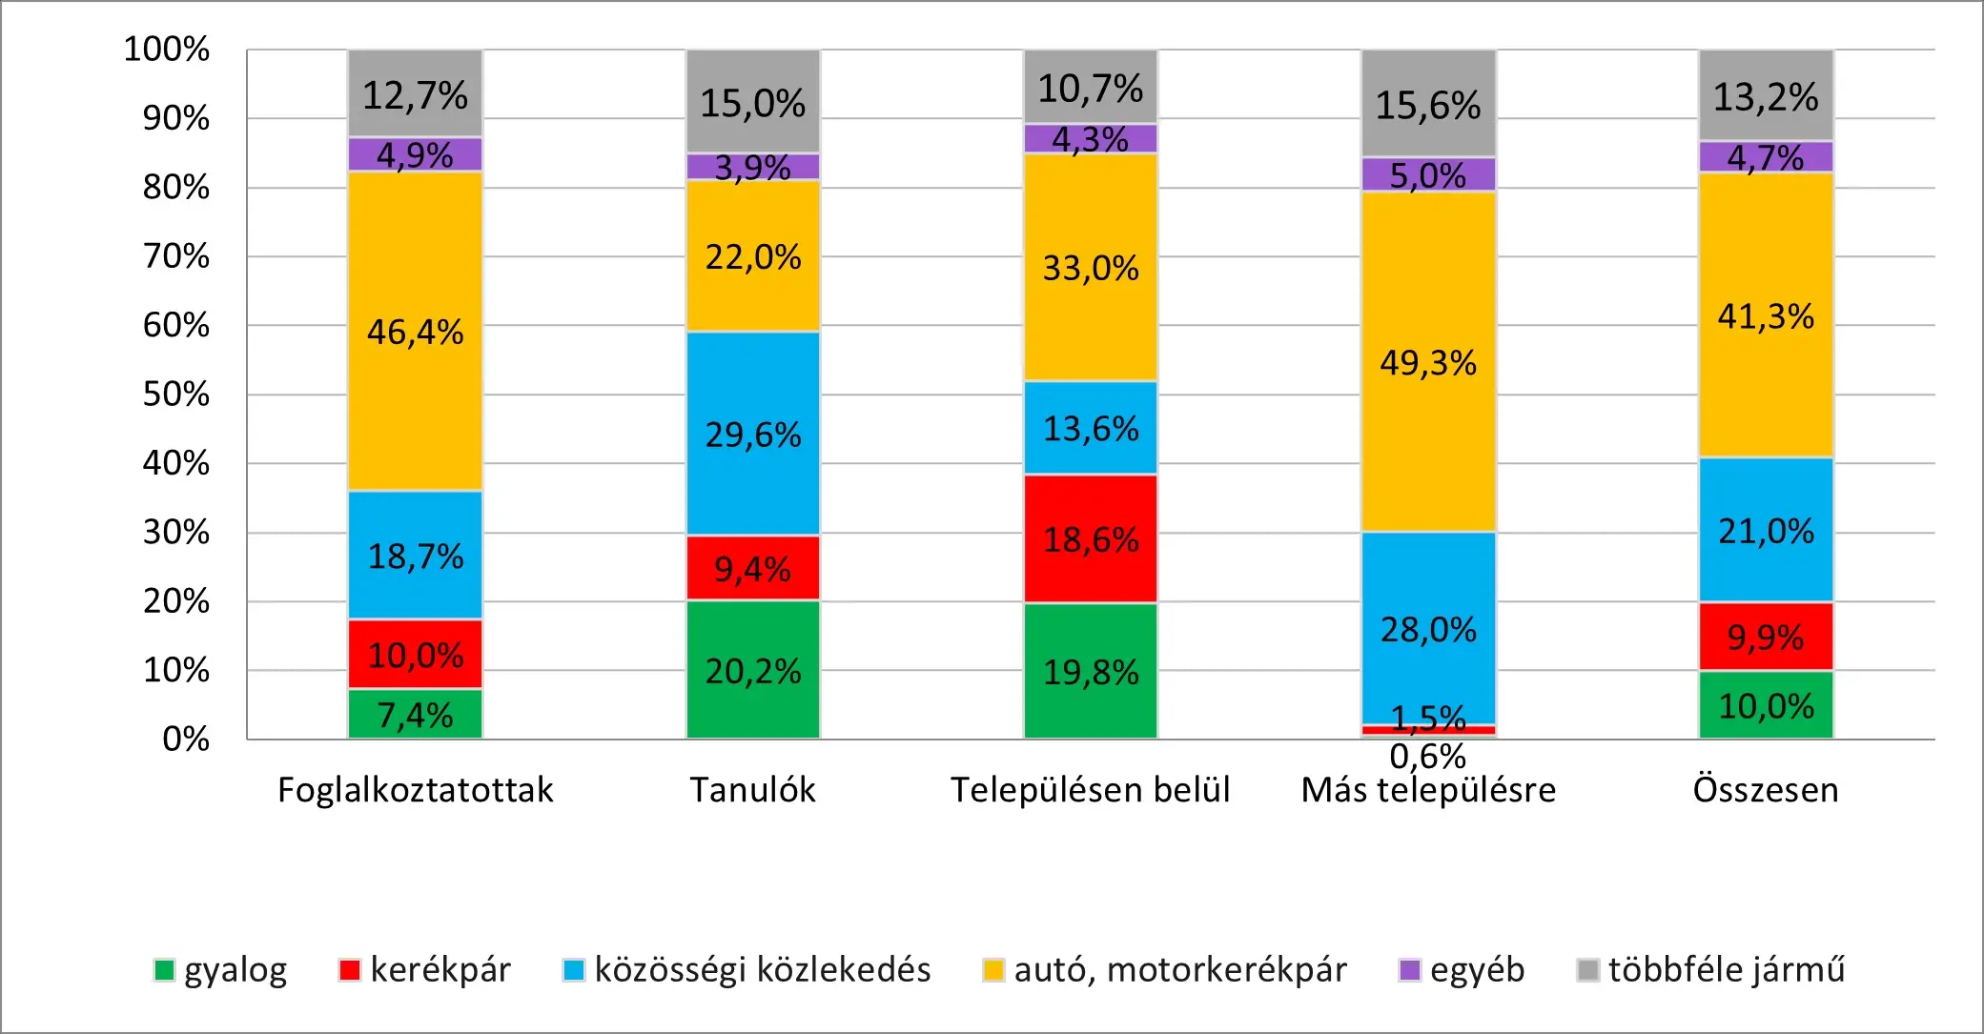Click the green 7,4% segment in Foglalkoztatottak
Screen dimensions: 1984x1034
click(x=415, y=714)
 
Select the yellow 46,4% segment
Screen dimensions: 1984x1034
click(x=415, y=331)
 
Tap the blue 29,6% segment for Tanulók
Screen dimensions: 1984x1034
click(x=752, y=434)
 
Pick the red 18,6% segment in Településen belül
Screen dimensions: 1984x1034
click(x=1090, y=538)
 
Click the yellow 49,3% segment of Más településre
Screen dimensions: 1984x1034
click(x=1427, y=361)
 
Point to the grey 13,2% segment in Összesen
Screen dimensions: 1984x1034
click(x=1766, y=95)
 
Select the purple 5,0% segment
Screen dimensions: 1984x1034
click(x=1427, y=174)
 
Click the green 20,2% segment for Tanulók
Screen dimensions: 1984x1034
click(x=752, y=669)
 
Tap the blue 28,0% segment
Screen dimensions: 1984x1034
click(x=1427, y=628)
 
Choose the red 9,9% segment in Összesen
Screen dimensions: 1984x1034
click(x=1766, y=637)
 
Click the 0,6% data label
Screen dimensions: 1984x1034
click(x=1427, y=757)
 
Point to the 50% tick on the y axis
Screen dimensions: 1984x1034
click(x=176, y=395)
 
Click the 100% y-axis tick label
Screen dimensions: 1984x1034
click(x=167, y=50)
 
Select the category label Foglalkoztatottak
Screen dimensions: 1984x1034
click(x=415, y=790)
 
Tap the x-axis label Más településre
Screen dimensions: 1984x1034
click(x=1428, y=790)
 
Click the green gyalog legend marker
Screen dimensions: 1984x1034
click(x=164, y=970)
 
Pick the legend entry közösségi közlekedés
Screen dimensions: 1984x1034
click(x=747, y=970)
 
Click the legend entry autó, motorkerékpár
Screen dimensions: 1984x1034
click(x=1164, y=970)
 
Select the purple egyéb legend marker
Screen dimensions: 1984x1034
click(x=1409, y=970)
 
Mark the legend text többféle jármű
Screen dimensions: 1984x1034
click(x=1727, y=970)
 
